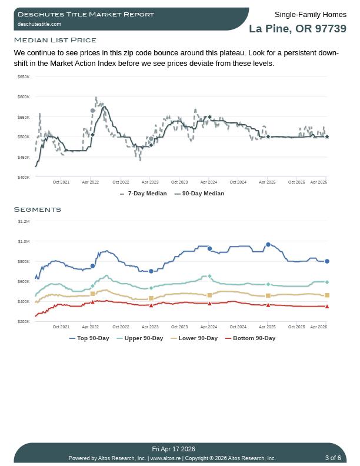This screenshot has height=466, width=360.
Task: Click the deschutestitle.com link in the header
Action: coord(39,24)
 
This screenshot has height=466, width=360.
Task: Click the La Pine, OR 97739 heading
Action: coord(297,29)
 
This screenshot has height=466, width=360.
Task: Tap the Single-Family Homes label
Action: coord(310,14)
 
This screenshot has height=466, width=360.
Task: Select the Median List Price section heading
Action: coord(55,40)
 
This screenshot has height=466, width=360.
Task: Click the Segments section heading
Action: coord(37,209)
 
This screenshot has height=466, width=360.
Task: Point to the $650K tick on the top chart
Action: coord(24,76)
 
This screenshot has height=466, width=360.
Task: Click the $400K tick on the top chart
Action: coord(24,177)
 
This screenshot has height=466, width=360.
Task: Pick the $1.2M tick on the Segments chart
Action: coord(24,221)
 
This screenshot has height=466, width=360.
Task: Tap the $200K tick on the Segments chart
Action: coord(24,321)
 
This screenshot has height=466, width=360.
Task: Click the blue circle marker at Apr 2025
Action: coord(268,245)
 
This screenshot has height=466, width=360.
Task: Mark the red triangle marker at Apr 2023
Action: coord(151,305)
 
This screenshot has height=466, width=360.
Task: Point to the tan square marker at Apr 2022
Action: coord(92,294)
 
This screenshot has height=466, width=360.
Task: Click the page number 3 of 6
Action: coord(333,458)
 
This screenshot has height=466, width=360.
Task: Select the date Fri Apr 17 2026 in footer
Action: coord(174,450)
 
